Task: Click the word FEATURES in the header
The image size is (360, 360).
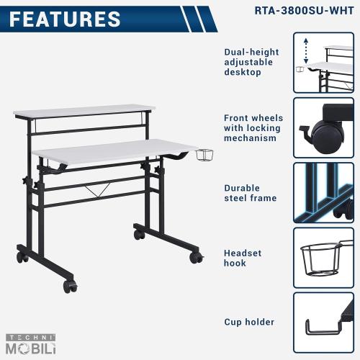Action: click(x=65, y=19)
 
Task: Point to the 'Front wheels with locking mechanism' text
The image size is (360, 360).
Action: click(x=253, y=127)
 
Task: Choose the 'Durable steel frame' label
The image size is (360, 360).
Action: click(x=248, y=192)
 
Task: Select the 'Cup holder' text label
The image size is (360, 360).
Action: click(x=249, y=322)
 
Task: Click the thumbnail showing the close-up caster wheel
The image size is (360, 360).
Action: click(x=323, y=127)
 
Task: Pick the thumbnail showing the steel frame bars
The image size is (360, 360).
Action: click(x=323, y=192)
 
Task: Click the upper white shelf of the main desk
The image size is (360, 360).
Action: click(x=85, y=112)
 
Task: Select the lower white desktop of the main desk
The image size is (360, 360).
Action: click(x=115, y=152)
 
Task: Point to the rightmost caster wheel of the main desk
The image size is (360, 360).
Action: click(x=195, y=256)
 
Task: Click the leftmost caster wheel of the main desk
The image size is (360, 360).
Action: click(x=22, y=256)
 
